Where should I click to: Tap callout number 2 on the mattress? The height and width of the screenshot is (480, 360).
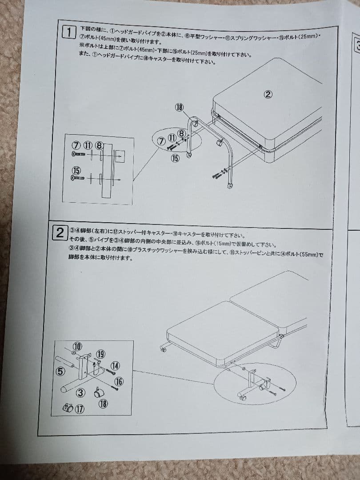point(268,94)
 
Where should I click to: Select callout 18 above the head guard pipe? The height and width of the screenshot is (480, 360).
point(179,107)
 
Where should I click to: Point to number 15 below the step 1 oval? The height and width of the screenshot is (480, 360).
point(175,159)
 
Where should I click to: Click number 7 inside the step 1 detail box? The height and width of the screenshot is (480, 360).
point(76,145)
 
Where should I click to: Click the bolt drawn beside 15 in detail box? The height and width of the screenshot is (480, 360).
point(78,178)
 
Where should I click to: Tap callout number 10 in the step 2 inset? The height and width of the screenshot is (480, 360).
point(77,346)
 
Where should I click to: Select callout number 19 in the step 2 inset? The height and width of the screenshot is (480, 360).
point(100,354)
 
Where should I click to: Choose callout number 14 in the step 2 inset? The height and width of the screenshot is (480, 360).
point(115,366)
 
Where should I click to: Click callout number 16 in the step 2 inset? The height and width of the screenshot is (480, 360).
point(118,381)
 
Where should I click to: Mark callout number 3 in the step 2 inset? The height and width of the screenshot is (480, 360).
point(80,392)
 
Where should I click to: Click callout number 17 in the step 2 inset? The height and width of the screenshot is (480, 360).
point(79,409)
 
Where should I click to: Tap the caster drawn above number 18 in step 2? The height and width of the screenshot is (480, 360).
point(100,392)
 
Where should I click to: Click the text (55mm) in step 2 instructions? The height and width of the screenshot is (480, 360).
point(309,255)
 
